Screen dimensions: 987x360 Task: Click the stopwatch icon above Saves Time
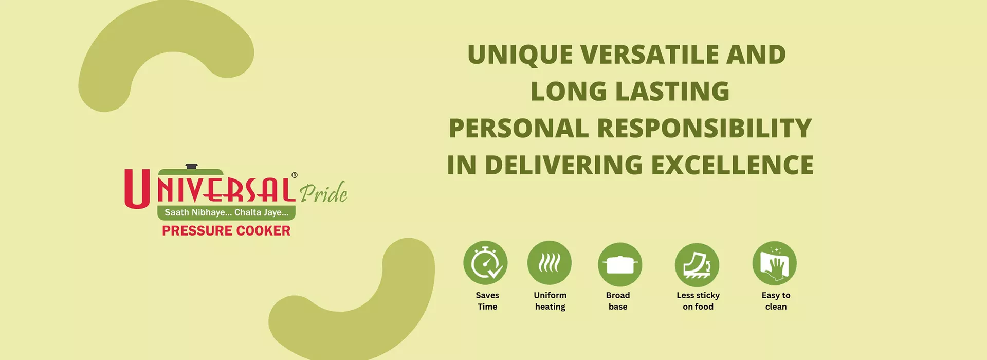[485, 263]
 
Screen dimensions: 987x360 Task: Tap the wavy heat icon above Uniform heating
[550, 263]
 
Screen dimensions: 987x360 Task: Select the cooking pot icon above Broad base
[620, 264]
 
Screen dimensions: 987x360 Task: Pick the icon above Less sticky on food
[697, 265]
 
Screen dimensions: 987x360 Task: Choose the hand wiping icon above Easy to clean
[775, 263]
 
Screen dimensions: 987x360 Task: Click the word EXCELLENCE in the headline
[733, 165]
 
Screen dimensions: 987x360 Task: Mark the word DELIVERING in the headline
[564, 165]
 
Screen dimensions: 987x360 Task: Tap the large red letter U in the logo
[137, 189]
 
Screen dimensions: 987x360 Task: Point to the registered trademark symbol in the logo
[295, 175]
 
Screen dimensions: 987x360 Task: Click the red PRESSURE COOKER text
[226, 231]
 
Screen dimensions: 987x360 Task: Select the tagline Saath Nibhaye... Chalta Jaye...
[226, 212]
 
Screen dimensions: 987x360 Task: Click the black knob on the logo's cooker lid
[191, 166]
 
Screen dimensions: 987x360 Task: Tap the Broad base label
[618, 301]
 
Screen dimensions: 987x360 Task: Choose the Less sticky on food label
[698, 301]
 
